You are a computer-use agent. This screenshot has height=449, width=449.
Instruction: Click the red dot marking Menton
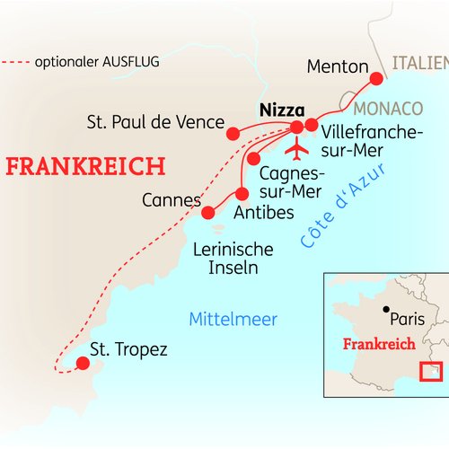pos(376,79)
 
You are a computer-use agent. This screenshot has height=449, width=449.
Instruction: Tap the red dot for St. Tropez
pos(83,363)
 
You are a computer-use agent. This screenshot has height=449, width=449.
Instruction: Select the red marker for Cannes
pos(208,213)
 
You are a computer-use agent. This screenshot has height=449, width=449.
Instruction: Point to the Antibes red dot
pos(242,194)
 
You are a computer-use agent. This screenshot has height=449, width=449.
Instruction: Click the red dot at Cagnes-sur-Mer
pos(253,158)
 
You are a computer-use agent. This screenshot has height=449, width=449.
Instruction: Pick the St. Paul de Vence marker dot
pos(233,134)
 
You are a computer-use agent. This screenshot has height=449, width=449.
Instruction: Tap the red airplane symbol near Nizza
pos(296,149)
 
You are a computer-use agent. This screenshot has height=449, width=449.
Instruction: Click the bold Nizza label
pos(282,110)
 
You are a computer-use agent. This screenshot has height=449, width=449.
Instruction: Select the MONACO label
pos(388,109)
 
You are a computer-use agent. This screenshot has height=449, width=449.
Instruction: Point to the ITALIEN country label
pos(420,63)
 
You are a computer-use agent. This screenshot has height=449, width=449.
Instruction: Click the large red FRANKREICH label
pos(85,166)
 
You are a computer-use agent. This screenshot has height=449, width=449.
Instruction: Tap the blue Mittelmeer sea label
pos(233,320)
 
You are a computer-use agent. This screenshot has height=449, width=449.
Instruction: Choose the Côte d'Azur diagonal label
pos(343,206)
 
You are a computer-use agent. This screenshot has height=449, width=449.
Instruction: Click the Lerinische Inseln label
pos(233,259)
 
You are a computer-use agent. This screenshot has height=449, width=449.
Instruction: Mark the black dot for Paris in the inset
pos(386,309)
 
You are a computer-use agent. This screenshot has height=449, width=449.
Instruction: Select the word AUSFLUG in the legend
pos(131,62)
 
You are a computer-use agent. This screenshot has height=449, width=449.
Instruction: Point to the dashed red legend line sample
pos(15,62)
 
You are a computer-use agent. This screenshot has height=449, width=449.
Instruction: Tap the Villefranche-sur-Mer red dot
pos(312,125)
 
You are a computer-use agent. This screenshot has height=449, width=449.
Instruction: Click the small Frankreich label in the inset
pos(379,344)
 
